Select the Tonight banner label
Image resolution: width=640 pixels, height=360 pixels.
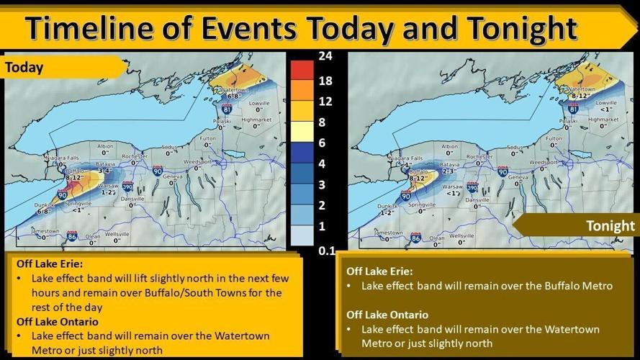pyautogui.click(x=610, y=225)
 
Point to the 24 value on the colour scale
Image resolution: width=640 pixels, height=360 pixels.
pyautogui.click(x=325, y=55)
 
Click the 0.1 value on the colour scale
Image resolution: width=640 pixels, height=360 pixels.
pyautogui.click(x=325, y=251)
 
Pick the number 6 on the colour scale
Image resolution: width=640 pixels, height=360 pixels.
pyautogui.click(x=322, y=143)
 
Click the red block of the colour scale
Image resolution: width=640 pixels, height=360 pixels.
pyautogui.click(x=302, y=71)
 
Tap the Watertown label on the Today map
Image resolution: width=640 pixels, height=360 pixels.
pyautogui.click(x=225, y=89)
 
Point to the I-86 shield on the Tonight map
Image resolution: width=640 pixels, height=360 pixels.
pyautogui.click(x=415, y=237)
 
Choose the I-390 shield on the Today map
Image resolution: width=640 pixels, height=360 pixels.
pyautogui.click(x=127, y=186)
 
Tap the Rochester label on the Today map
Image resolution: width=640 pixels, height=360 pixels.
pyautogui.click(x=135, y=156)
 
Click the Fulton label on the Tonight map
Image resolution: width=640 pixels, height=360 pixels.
pyautogui.click(x=554, y=138)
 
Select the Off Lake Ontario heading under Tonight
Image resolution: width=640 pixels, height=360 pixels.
pyautogui.click(x=387, y=315)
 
